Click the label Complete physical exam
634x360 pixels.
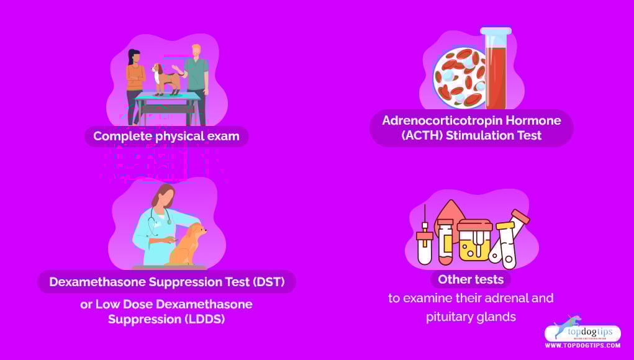click(x=166, y=136)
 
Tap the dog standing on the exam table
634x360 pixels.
click(x=166, y=79)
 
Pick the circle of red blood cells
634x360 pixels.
click(x=460, y=78)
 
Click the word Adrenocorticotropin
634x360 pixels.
click(x=440, y=120)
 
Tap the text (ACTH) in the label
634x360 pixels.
click(x=422, y=135)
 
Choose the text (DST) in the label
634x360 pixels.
click(x=268, y=282)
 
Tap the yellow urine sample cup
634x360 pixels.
click(x=474, y=240)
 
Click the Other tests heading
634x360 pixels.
click(x=471, y=279)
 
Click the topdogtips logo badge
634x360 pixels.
click(x=582, y=331)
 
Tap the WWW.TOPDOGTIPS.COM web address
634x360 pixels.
click(x=582, y=346)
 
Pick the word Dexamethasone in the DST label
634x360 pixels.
click(x=97, y=282)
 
